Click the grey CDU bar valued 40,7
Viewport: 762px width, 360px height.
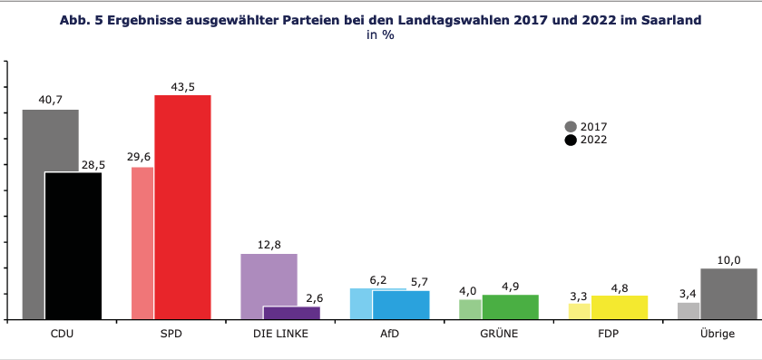tap(36, 145)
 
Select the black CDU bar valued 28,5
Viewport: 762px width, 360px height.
tap(73, 246)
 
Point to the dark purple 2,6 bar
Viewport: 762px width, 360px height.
tap(291, 313)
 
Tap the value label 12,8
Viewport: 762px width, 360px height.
tap(269, 244)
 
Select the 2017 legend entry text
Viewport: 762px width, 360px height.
tap(593, 127)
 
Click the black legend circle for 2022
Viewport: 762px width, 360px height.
tap(571, 140)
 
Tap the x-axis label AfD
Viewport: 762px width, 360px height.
tap(389, 334)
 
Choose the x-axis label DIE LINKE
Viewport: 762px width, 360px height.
tap(280, 334)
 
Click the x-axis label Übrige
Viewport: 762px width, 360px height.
tap(718, 334)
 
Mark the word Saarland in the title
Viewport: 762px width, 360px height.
tap(669, 19)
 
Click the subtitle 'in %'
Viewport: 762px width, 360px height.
tap(381, 34)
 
